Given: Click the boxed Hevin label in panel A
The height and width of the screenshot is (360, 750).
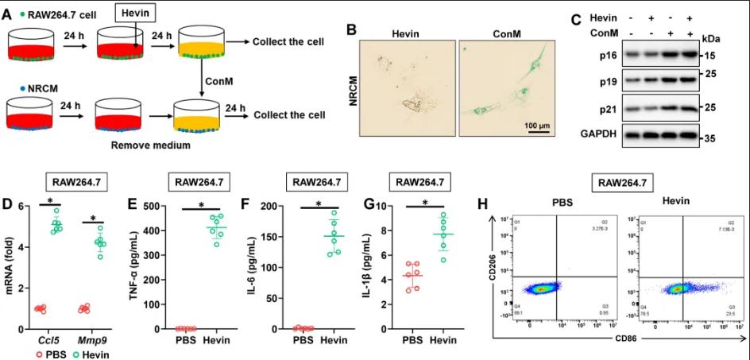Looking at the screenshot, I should click(136, 13).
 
